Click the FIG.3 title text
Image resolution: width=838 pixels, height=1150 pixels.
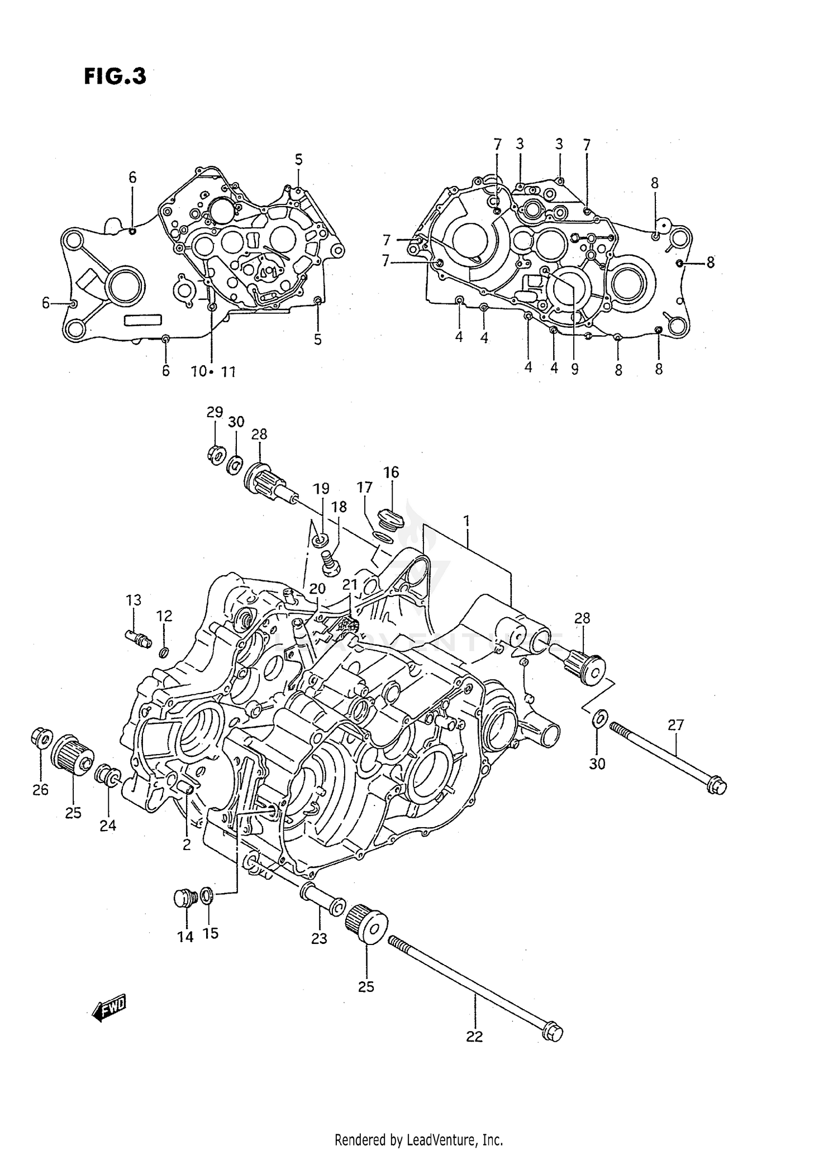[x=115, y=76]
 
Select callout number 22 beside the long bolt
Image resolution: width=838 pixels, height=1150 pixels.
[x=474, y=1037]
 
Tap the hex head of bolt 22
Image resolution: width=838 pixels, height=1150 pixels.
[x=553, y=1033]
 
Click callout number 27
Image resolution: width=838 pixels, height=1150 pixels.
[x=675, y=725]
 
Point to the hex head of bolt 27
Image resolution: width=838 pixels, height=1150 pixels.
[x=717, y=787]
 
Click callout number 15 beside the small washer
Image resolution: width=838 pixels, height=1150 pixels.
[x=211, y=933]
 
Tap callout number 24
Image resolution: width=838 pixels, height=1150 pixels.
[x=108, y=825]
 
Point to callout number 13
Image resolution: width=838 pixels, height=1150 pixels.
[x=134, y=600]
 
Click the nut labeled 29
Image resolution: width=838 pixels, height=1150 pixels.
[x=215, y=454]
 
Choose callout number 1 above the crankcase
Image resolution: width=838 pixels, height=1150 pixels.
[x=466, y=522]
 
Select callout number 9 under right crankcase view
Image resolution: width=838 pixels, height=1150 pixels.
[x=575, y=369]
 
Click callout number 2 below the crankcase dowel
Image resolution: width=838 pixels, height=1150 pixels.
[x=186, y=844]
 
